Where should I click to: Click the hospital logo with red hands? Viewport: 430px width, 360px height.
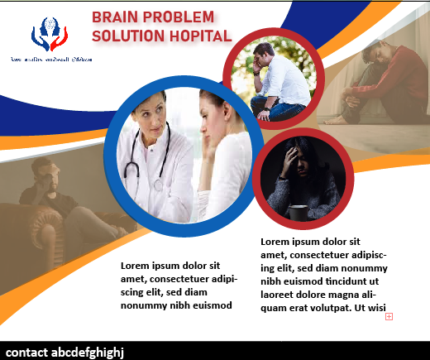[x=50, y=35]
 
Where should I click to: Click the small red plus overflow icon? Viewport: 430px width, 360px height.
[x=389, y=316]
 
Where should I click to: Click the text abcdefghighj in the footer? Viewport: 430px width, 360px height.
[x=87, y=351]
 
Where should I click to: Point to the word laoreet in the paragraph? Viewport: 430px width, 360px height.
[x=279, y=295]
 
